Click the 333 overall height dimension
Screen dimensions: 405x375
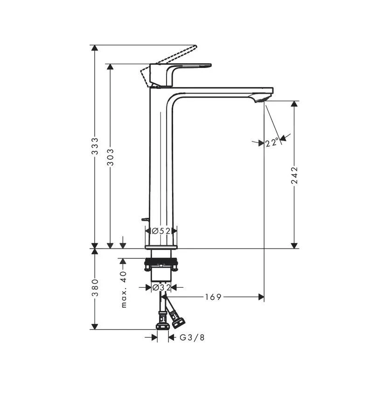click(x=95, y=147)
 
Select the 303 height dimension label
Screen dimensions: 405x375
click(x=111, y=157)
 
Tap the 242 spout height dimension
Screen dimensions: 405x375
click(x=294, y=175)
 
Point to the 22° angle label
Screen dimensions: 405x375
click(x=272, y=142)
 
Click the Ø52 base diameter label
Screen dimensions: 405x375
click(x=161, y=230)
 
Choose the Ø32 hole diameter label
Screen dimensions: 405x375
click(x=161, y=288)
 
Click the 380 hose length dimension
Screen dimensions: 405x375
click(x=95, y=288)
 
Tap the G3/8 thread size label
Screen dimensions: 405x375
click(x=192, y=337)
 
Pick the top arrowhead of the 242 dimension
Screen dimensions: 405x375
click(x=294, y=104)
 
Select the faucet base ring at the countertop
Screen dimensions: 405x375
click(x=161, y=247)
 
